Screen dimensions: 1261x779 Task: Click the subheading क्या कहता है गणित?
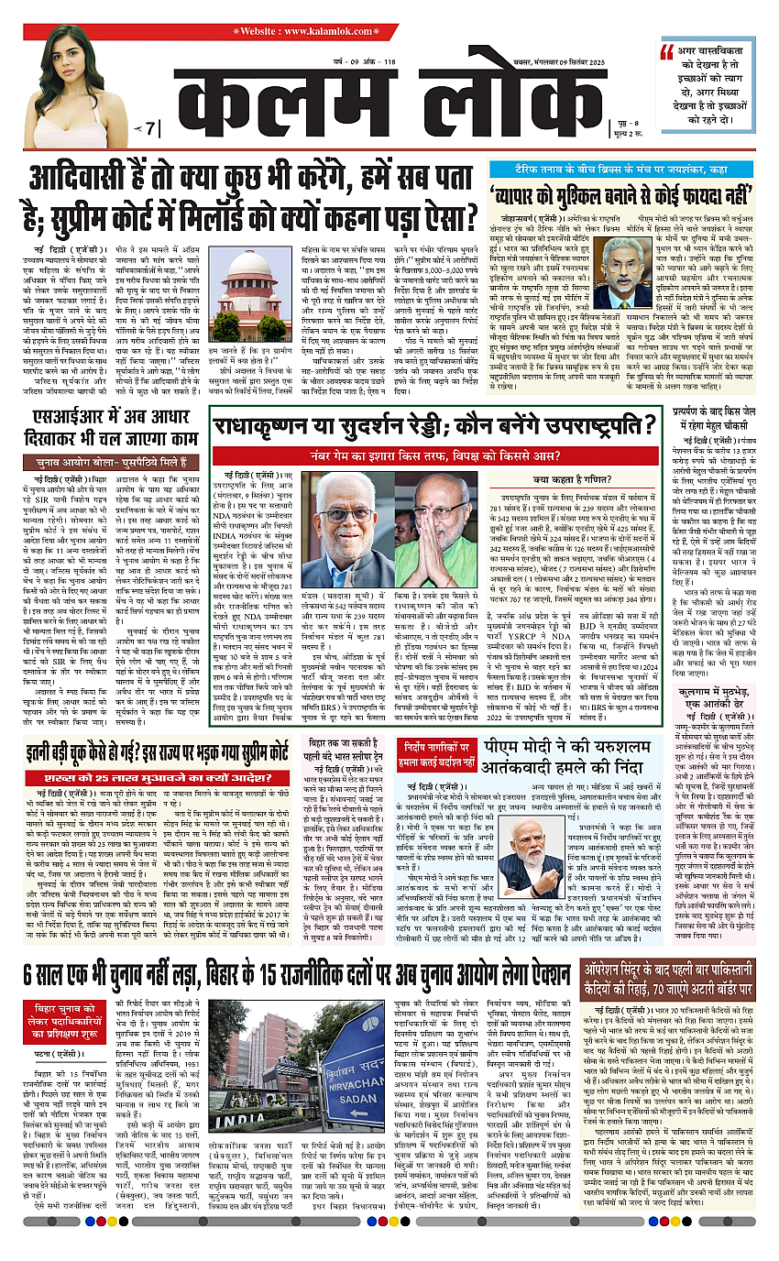click(566, 478)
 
